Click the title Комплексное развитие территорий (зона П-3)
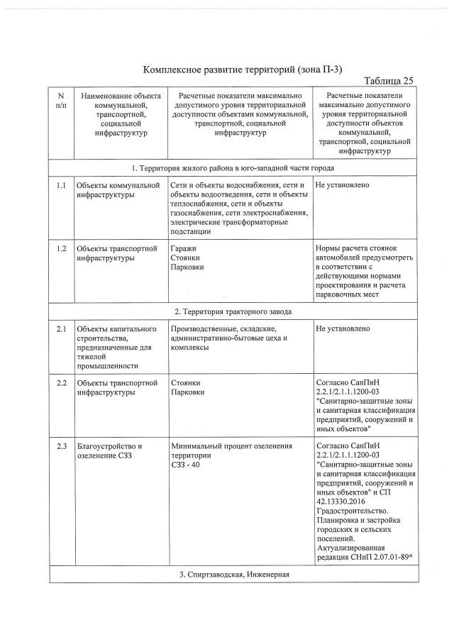(242, 69)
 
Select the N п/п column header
(61, 100)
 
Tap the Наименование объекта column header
(119, 114)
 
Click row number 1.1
(61, 186)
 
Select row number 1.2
(61, 249)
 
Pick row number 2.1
(61, 328)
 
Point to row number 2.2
(61, 383)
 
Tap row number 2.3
(61, 446)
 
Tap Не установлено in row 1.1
(342, 186)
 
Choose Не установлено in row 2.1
(342, 328)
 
